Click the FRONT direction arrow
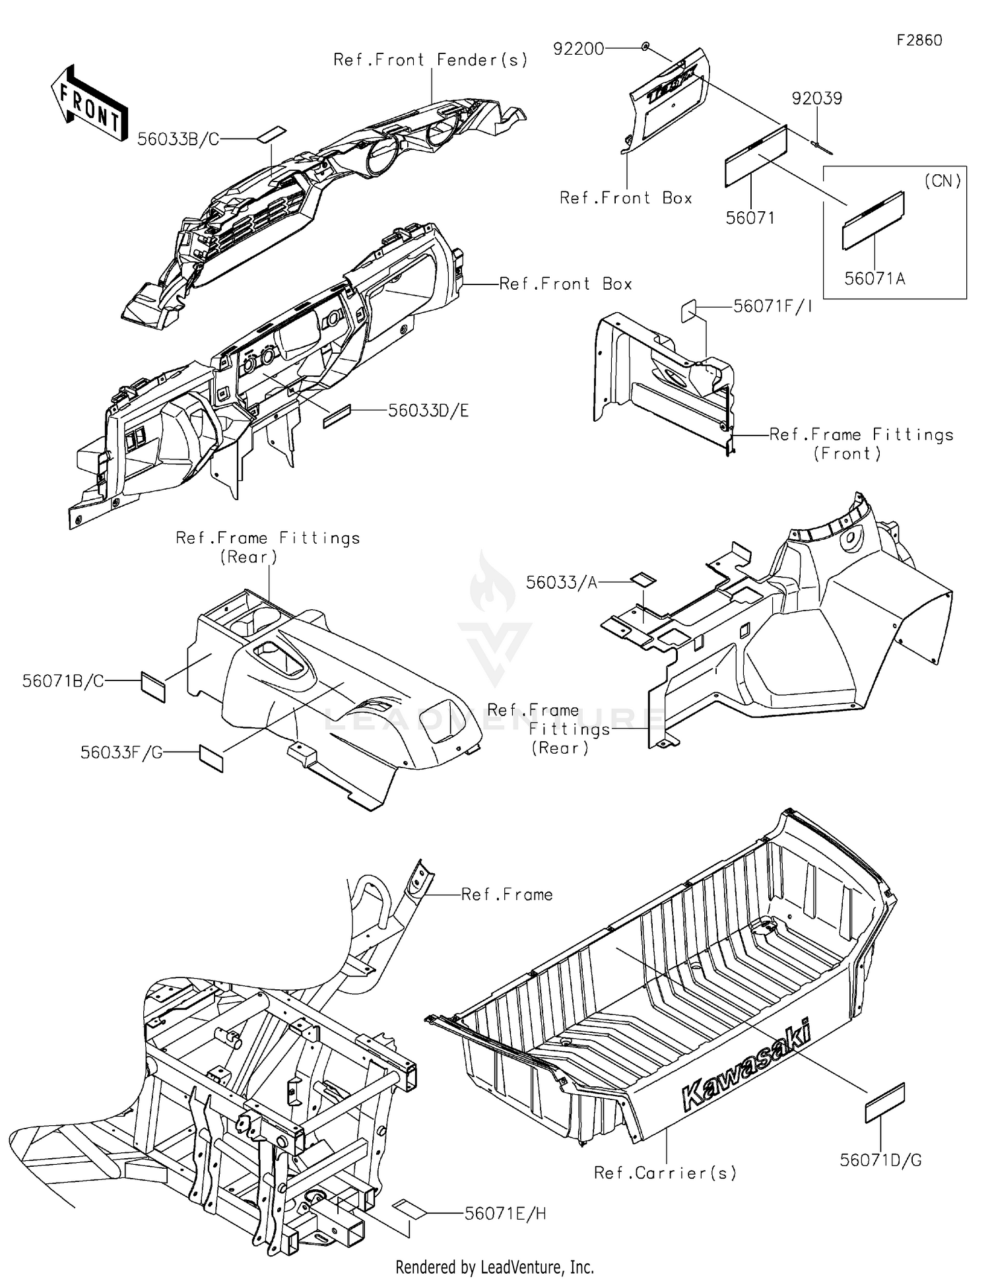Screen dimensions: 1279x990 tap(89, 104)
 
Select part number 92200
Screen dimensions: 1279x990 tap(578, 49)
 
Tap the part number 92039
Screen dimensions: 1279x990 tap(817, 98)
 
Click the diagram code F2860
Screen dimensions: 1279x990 tap(919, 40)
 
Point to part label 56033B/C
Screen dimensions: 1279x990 tap(178, 139)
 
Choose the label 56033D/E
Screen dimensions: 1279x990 tap(428, 410)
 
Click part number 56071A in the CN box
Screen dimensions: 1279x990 tap(874, 279)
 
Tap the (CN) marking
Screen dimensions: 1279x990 tap(942, 181)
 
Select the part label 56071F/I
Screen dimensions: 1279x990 tap(773, 307)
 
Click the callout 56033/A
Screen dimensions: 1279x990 tap(562, 582)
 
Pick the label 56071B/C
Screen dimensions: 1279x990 tap(63, 681)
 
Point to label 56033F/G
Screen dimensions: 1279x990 tap(121, 752)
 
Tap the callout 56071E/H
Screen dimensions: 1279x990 tap(506, 1213)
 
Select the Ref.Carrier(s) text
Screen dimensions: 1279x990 tap(665, 1173)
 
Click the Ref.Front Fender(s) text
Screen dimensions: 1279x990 tap(430, 60)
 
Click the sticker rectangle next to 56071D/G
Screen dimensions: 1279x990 tap(884, 1102)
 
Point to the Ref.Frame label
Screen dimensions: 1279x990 tap(507, 894)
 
